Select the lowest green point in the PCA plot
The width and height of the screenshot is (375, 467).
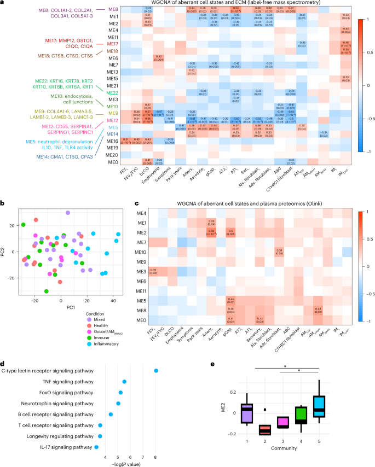47,291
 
